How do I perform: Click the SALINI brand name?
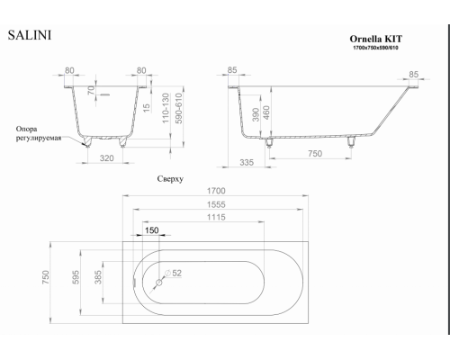coord(30,35)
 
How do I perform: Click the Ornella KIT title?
coord(376,39)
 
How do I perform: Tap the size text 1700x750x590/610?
coord(375,48)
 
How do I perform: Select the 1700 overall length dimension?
coord(216,191)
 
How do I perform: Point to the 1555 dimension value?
coord(216,204)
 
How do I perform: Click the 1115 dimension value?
coord(216,217)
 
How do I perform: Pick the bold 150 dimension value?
coord(152,230)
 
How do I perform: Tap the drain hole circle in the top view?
coord(159,283)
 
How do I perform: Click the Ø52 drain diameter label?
coord(173,274)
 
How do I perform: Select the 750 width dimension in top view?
coord(46,277)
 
